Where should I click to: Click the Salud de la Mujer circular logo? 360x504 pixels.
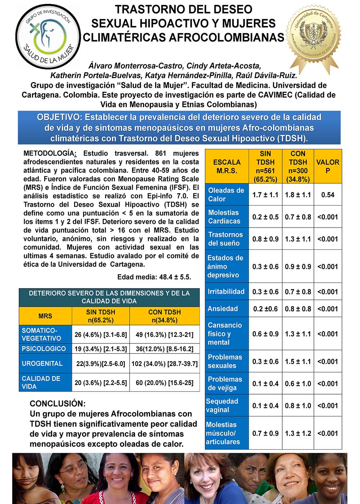point(48,36)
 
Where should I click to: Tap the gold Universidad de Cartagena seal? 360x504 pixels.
point(313,36)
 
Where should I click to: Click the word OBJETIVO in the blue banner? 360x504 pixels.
point(59,117)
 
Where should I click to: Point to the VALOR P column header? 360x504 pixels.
point(328,166)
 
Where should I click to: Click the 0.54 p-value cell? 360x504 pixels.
point(328,195)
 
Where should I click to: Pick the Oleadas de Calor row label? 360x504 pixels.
point(226,195)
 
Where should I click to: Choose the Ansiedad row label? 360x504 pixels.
point(223,309)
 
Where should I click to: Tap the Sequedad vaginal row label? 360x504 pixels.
point(222,405)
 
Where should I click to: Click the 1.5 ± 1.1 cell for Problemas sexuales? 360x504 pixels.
point(298,361)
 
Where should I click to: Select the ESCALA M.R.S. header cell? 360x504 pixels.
point(227,166)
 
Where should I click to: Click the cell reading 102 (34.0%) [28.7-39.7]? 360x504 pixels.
point(165,364)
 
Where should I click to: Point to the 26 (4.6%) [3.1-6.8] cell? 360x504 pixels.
point(101,334)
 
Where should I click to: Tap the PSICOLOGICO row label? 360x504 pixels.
point(44,348)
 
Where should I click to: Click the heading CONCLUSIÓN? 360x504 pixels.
point(58,404)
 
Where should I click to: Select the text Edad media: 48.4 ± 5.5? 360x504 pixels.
point(154,277)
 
